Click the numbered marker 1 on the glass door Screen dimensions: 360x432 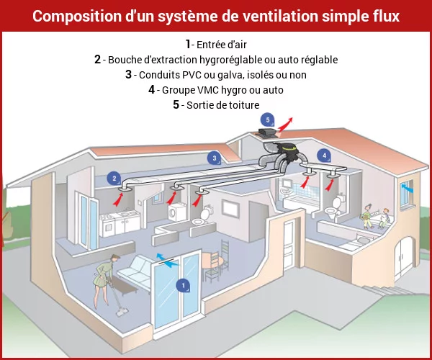pos(182,286)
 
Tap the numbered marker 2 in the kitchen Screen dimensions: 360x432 pos(114,178)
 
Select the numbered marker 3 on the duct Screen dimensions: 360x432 pos(214,158)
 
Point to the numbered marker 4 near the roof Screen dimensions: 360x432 pos(325,155)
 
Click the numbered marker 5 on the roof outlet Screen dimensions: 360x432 pos(267,120)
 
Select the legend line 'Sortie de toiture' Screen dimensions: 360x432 pos(215,105)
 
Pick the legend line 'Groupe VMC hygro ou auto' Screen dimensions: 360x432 pos(216,90)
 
